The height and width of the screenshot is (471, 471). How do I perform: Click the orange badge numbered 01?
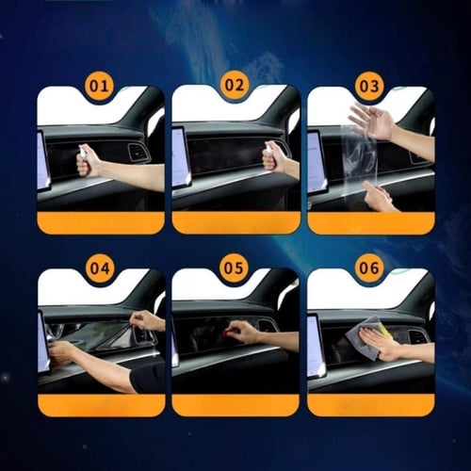(x=99, y=86)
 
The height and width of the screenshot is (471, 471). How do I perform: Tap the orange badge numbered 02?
(x=234, y=85)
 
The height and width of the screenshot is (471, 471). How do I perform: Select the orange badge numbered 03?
(x=369, y=86)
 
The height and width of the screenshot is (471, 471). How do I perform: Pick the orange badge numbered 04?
(x=100, y=268)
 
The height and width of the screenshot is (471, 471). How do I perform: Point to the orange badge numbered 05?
(x=234, y=268)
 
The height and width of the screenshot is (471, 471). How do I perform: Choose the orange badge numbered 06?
(x=369, y=268)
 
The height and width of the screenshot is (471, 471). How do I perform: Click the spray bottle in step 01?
(x=83, y=152)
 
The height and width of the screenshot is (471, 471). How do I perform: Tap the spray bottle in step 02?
(x=268, y=149)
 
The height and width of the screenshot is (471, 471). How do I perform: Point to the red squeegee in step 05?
(x=226, y=331)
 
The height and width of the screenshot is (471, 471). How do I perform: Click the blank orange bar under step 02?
(x=235, y=222)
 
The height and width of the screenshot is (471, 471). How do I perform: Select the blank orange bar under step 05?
(x=235, y=405)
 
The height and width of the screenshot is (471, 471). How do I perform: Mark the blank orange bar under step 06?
(x=370, y=405)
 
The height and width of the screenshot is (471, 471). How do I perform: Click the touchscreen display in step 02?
(x=181, y=158)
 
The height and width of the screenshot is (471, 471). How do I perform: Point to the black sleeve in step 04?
(x=147, y=378)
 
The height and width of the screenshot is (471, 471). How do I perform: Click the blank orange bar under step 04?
(x=102, y=405)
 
